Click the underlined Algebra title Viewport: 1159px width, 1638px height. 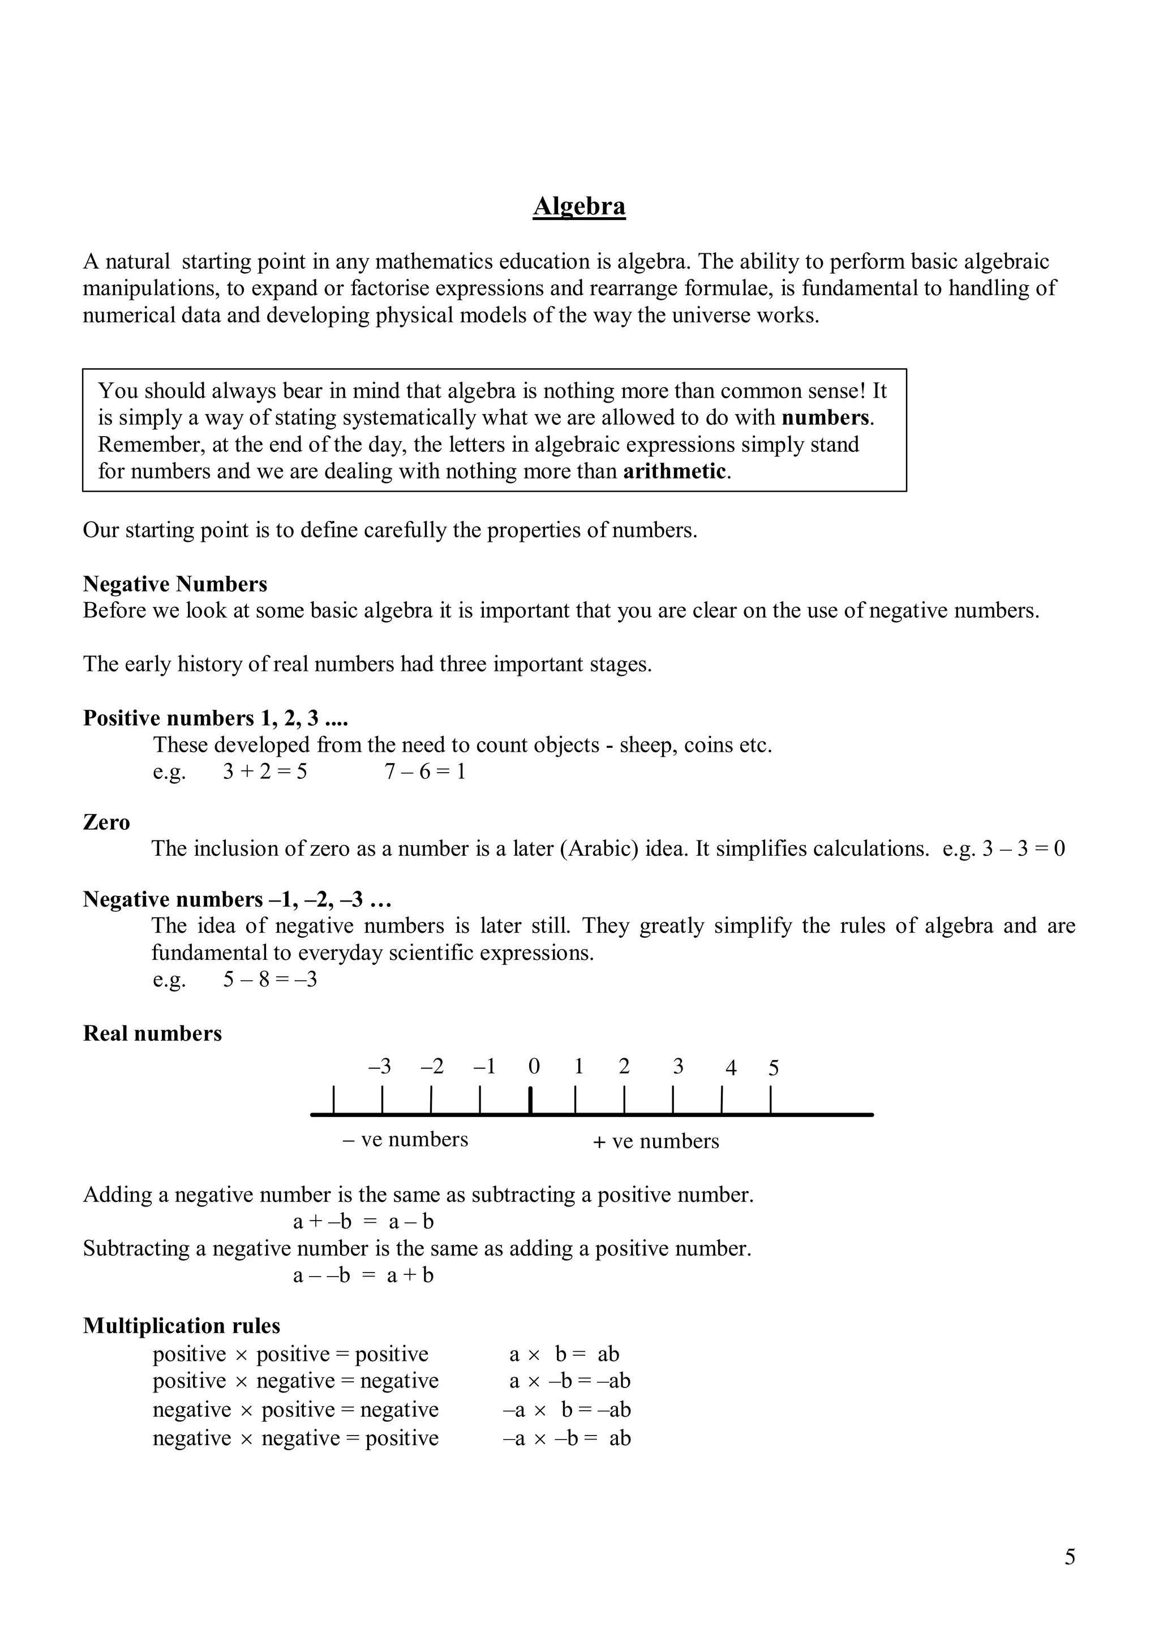click(579, 206)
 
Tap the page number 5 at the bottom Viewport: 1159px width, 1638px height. click(1070, 1557)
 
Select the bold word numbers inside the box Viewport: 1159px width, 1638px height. click(826, 417)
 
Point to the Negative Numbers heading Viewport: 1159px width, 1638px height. click(175, 584)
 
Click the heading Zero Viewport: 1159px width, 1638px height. click(106, 822)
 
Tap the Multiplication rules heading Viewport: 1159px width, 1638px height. click(181, 1326)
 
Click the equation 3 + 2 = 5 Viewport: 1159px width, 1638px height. click(265, 772)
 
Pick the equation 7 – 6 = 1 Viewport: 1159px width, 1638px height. click(426, 772)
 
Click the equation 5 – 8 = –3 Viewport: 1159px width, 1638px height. click(270, 980)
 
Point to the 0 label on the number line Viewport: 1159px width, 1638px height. click(534, 1067)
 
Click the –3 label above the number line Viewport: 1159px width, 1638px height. click(380, 1067)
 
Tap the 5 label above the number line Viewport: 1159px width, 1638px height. click(774, 1068)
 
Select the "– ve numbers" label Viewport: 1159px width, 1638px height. click(405, 1139)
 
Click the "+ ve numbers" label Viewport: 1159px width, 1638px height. click(656, 1141)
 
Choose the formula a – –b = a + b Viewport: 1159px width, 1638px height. click(363, 1275)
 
